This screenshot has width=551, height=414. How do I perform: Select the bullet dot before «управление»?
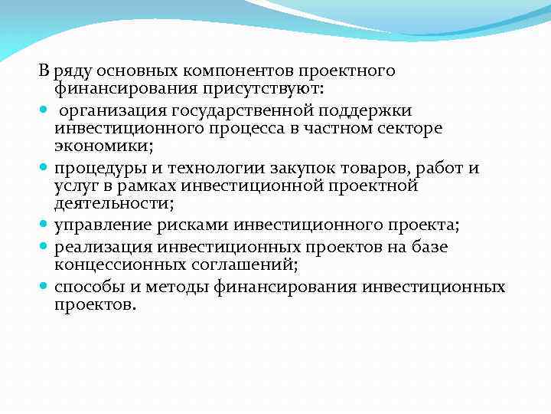point(44,224)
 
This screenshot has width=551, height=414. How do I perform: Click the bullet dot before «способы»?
point(44,287)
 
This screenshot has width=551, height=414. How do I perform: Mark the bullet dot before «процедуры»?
point(44,168)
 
